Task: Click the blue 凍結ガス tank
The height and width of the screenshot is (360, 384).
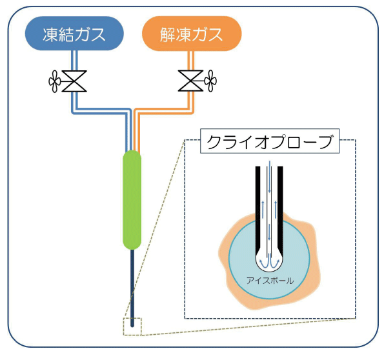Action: (x=74, y=34)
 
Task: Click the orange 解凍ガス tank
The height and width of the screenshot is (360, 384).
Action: (x=192, y=34)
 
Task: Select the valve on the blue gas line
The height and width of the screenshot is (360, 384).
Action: (x=74, y=81)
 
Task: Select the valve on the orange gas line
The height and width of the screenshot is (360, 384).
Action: (x=190, y=81)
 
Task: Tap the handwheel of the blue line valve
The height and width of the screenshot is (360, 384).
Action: (x=54, y=81)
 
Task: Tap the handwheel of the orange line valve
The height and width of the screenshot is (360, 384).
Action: (x=210, y=81)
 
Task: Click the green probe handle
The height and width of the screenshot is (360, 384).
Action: (x=132, y=200)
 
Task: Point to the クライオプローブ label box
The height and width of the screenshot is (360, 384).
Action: (x=270, y=141)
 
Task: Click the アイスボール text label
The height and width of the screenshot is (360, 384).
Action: (x=270, y=281)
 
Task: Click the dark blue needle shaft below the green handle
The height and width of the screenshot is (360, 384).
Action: (x=132, y=288)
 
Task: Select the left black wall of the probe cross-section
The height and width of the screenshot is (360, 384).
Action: (x=258, y=210)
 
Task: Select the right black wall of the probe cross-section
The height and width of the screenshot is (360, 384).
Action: (x=281, y=210)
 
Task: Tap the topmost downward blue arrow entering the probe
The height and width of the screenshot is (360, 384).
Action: (x=269, y=176)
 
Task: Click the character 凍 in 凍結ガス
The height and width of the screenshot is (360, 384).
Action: (x=50, y=34)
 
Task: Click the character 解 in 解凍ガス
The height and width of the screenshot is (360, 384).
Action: (x=168, y=34)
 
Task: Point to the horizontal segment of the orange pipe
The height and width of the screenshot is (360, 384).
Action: (x=164, y=111)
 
